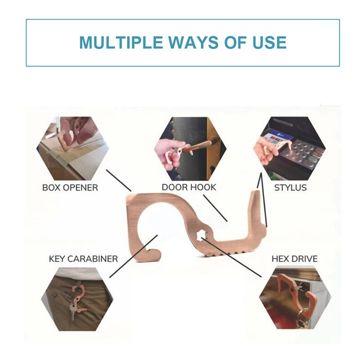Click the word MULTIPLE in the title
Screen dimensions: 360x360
(x=121, y=42)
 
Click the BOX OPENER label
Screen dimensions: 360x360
(x=70, y=188)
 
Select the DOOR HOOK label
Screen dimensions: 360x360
(x=189, y=187)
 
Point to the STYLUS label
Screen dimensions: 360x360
(x=290, y=188)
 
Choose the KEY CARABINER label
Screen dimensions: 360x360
(x=83, y=259)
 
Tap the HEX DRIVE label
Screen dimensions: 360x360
(x=295, y=259)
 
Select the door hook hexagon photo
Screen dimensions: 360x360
(x=190, y=148)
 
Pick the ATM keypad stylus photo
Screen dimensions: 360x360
(x=289, y=148)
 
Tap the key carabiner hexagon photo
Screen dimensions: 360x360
(x=77, y=299)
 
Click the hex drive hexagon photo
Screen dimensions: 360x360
(x=295, y=297)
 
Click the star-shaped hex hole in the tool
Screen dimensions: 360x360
(x=201, y=235)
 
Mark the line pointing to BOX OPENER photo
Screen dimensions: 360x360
(x=118, y=180)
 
